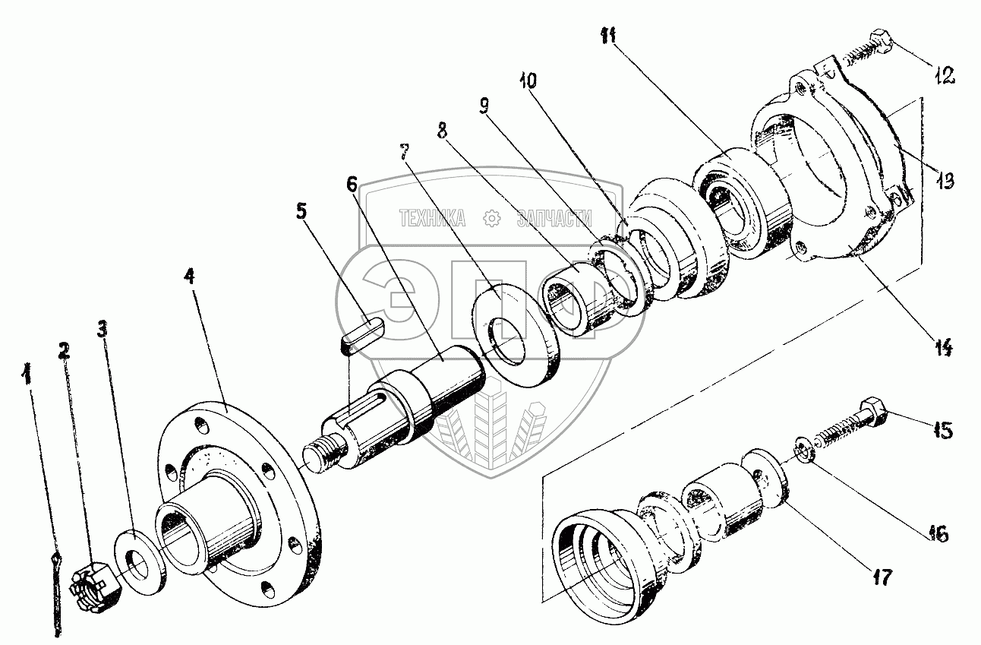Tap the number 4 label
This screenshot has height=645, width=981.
point(190,277)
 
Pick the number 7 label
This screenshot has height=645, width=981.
point(405,152)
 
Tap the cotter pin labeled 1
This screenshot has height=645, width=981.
point(57,594)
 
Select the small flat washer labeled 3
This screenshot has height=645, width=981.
point(140,561)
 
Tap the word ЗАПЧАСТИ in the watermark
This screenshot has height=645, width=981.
point(554,218)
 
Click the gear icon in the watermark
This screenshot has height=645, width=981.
point(491,218)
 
